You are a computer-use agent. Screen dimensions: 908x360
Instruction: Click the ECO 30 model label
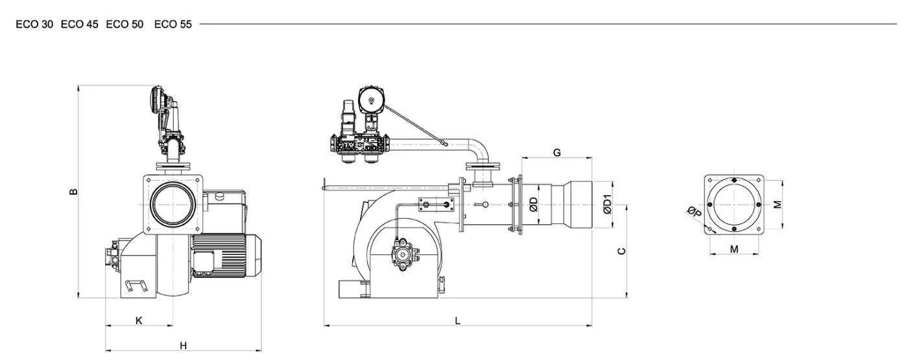pyautogui.click(x=34, y=25)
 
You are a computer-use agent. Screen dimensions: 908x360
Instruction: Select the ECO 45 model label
pyautogui.click(x=79, y=25)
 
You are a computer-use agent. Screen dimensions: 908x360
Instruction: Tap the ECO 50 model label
pyautogui.click(x=125, y=25)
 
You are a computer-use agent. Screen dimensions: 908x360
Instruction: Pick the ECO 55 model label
pyautogui.click(x=173, y=25)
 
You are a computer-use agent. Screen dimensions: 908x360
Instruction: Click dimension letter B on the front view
pyautogui.click(x=73, y=191)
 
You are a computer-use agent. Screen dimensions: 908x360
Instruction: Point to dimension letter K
pyautogui.click(x=139, y=320)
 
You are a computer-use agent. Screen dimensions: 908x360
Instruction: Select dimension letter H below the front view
pyautogui.click(x=183, y=346)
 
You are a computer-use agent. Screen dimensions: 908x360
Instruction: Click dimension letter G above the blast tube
pyautogui.click(x=557, y=153)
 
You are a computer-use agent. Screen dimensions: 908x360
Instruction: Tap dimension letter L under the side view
pyautogui.click(x=458, y=321)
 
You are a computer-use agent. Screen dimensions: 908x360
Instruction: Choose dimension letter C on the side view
pyautogui.click(x=621, y=252)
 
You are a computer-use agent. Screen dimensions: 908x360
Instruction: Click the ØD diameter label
pyautogui.click(x=533, y=205)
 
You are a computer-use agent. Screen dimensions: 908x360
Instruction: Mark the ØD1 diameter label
pyautogui.click(x=607, y=204)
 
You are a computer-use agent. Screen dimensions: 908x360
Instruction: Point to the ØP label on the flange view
pyautogui.click(x=695, y=211)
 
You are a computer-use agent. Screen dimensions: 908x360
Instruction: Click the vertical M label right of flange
pyautogui.click(x=777, y=205)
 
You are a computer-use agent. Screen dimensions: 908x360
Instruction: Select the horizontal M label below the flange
pyautogui.click(x=734, y=249)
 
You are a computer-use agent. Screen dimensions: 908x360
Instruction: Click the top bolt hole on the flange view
pyautogui.click(x=734, y=180)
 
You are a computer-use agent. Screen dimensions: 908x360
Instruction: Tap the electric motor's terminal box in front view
pyautogui.click(x=204, y=261)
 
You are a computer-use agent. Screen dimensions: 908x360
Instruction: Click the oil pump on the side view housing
pyautogui.click(x=403, y=254)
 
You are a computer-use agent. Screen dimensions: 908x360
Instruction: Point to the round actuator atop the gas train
pyautogui.click(x=370, y=99)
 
